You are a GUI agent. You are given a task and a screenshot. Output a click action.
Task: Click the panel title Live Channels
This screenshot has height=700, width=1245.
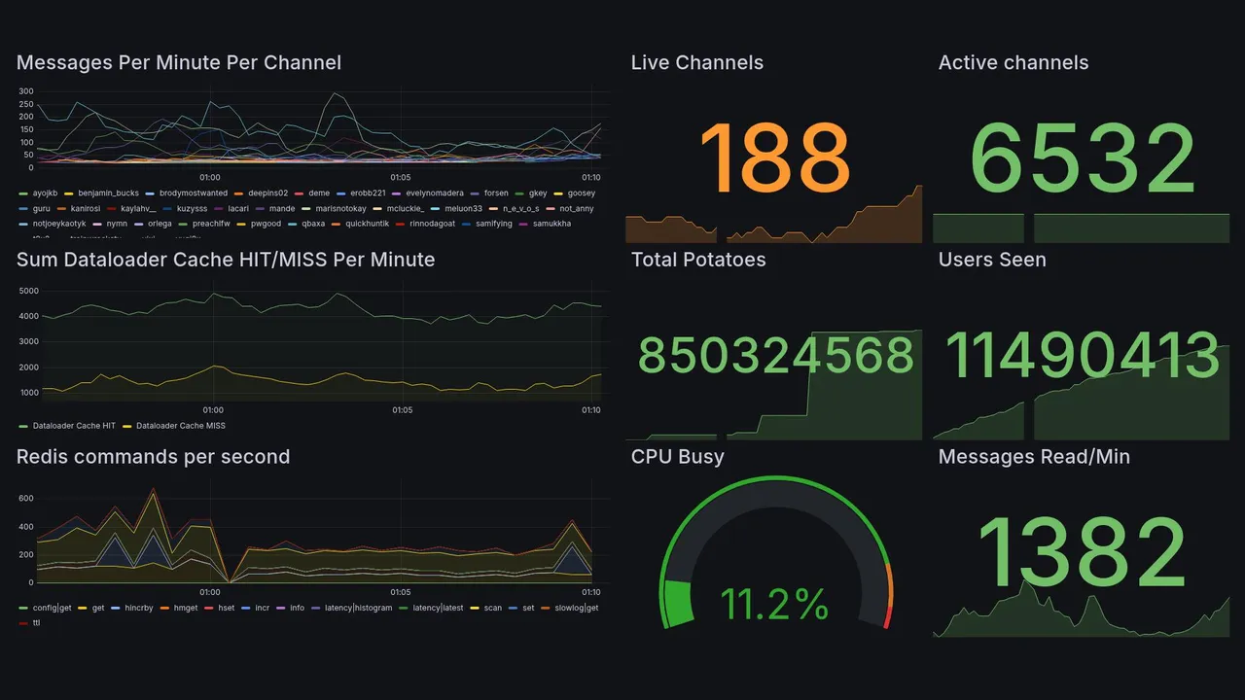696,63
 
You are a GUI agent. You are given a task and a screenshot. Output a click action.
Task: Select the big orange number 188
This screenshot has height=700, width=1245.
774,158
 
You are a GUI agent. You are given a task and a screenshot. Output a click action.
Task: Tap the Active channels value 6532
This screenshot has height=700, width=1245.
1083,158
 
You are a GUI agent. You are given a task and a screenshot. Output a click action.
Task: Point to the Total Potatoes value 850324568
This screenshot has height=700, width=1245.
775,356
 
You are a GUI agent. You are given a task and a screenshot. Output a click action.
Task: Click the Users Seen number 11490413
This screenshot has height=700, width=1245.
1083,356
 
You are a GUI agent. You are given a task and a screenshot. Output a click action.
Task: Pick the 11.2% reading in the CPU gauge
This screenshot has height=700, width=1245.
775,605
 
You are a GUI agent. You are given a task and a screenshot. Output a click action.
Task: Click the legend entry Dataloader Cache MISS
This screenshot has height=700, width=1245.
180,426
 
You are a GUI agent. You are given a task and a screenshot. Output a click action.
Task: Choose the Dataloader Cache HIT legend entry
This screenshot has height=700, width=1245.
74,426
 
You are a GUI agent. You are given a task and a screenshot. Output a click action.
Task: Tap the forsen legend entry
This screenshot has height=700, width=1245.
496,193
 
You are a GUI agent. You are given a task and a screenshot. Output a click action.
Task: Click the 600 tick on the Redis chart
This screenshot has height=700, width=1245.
25,498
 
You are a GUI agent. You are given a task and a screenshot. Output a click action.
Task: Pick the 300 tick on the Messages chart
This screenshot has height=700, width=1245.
26,91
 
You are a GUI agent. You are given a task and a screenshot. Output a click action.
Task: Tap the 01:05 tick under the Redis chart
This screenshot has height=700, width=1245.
401,591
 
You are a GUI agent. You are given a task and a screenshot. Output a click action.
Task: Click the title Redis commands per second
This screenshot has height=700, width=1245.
153,457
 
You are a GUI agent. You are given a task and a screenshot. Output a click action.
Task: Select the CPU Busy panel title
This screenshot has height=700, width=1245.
677,457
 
